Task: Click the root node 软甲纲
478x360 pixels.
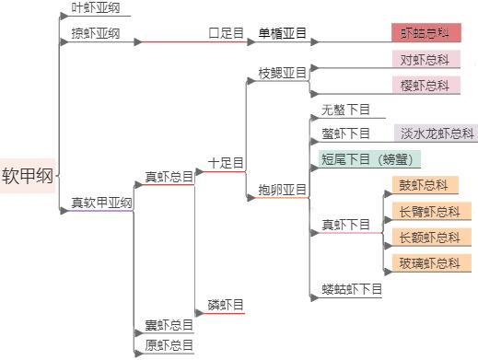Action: coord(28,176)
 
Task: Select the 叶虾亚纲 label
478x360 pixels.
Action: coord(96,9)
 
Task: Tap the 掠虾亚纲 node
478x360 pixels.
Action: coord(96,34)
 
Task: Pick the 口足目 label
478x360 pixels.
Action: coord(226,34)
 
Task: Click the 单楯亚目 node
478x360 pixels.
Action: coord(282,34)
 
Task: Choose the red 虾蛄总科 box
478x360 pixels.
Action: coord(426,34)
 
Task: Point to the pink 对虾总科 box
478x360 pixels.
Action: coord(425,60)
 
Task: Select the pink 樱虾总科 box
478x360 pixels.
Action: coord(425,85)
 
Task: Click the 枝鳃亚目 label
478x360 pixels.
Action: coord(282,72)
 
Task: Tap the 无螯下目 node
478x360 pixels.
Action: coord(345,110)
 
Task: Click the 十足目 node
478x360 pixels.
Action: coord(226,163)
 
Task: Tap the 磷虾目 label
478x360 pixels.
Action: coord(226,305)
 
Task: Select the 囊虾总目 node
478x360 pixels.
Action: coord(169,325)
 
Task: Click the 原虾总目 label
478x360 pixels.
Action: coord(169,345)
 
